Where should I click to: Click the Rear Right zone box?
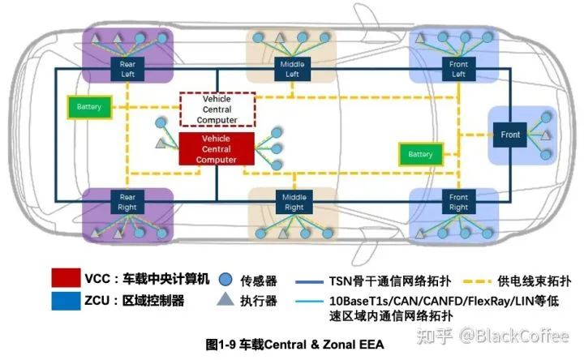tap(127, 202)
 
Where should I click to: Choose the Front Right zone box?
tap(458, 202)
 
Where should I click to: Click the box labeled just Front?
tap(510, 135)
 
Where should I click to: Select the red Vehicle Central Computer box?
tap(217, 149)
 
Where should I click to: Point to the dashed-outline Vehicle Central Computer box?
tap(217, 109)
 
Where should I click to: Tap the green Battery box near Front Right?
tap(420, 154)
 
